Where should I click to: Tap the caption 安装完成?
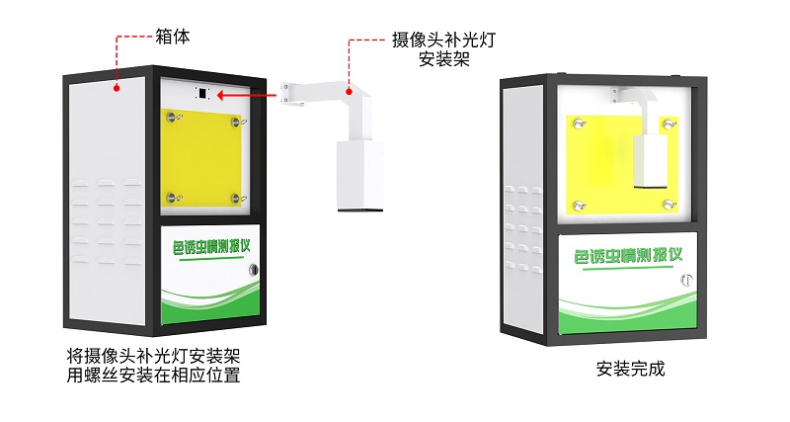(630, 370)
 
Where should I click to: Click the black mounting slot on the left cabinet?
(202, 95)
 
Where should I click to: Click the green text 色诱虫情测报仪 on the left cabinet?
(207, 247)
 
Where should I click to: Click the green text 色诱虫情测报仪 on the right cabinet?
(628, 257)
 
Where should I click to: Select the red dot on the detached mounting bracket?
(349, 88)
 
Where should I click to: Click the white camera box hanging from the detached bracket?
(357, 176)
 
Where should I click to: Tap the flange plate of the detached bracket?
(287, 91)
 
